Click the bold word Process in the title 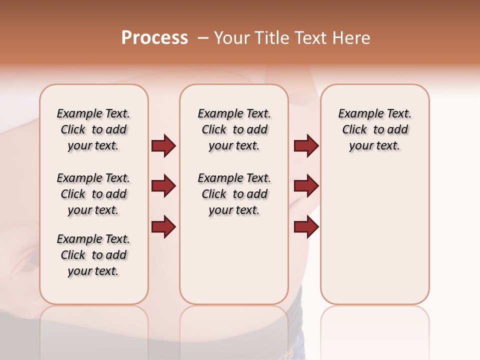pyautogui.click(x=154, y=38)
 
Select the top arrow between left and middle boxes pyautogui.click(x=163, y=145)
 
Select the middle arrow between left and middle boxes pyautogui.click(x=163, y=186)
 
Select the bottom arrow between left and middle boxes pyautogui.click(x=163, y=226)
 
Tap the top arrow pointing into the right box pyautogui.click(x=306, y=145)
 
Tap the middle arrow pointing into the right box pyautogui.click(x=306, y=186)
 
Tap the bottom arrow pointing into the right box pyautogui.click(x=306, y=226)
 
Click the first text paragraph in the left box pyautogui.click(x=93, y=129)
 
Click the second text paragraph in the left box pyautogui.click(x=93, y=194)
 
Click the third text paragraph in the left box pyautogui.click(x=93, y=255)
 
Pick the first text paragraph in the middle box pyautogui.click(x=234, y=129)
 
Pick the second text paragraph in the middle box pyautogui.click(x=234, y=194)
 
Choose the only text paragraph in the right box pyautogui.click(x=374, y=129)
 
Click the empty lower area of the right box pyautogui.click(x=374, y=240)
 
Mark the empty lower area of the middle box pyautogui.click(x=234, y=260)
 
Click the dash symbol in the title pyautogui.click(x=203, y=38)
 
